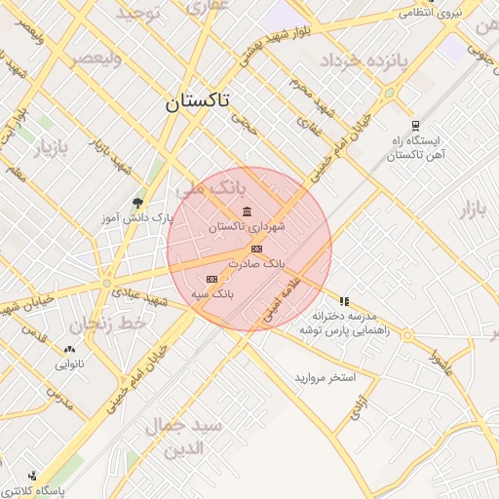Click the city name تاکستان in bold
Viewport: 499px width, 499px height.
coord(198,101)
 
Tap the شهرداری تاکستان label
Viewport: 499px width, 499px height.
coord(247,226)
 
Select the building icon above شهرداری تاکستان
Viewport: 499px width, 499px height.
coord(246,212)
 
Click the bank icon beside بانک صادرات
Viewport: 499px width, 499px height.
coord(255,249)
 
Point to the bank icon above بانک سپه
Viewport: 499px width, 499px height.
coord(211,279)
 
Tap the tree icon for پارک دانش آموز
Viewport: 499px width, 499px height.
coord(136,202)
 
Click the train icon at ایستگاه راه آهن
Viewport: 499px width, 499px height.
coord(415,125)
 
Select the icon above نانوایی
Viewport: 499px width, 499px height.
coord(68,350)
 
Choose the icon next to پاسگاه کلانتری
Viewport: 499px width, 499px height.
coord(33,477)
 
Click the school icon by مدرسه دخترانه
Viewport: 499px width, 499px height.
coord(343,301)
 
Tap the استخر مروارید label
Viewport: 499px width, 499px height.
coord(326,376)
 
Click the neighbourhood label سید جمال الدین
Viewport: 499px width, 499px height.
coord(184,437)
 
